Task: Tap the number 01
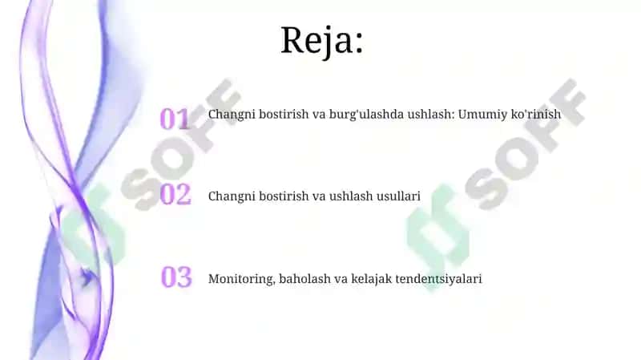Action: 175,119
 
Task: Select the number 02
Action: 175,194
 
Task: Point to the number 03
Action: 176,277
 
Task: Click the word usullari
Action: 398,196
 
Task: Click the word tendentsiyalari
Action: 438,279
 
